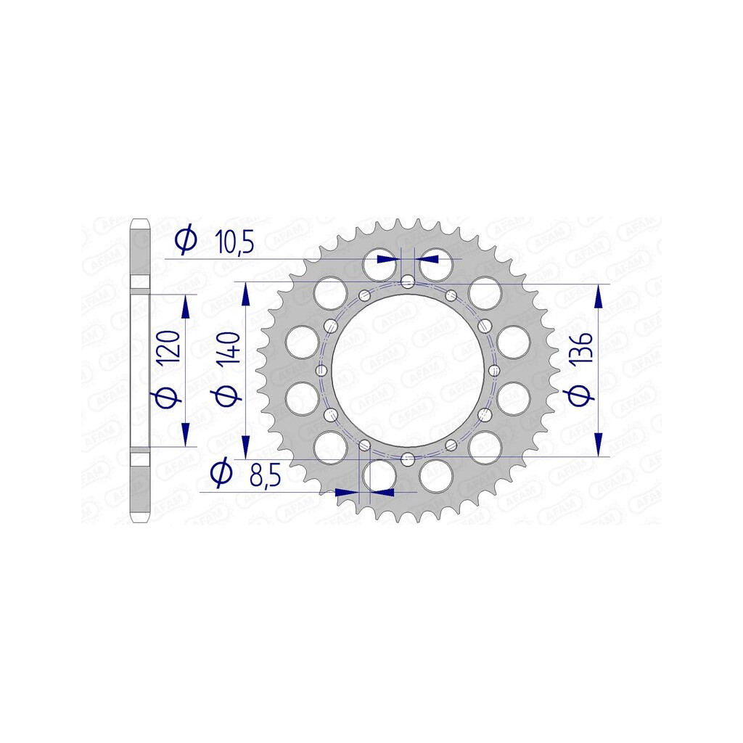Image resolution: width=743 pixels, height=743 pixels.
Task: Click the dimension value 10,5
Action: point(234,242)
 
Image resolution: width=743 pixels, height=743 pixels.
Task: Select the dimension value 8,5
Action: point(266,475)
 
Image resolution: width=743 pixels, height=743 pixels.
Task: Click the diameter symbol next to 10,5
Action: point(186,240)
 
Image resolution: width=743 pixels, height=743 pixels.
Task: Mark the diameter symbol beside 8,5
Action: point(221,472)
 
